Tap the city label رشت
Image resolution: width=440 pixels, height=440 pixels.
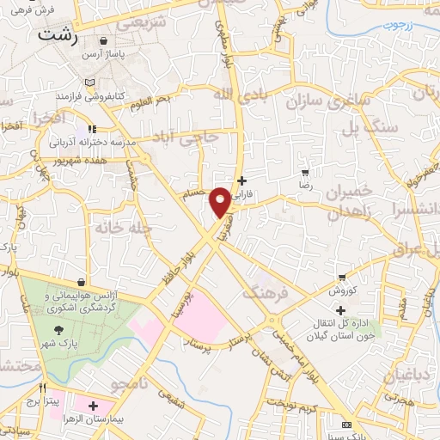point(59,37)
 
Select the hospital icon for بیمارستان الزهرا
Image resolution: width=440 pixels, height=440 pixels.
point(93,405)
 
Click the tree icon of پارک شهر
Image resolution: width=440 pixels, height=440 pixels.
point(59,330)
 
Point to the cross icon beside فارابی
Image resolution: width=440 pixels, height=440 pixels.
point(241,180)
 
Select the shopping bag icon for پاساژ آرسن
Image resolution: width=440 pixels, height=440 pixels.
point(104,40)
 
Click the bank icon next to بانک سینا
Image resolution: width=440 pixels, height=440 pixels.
point(347,425)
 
